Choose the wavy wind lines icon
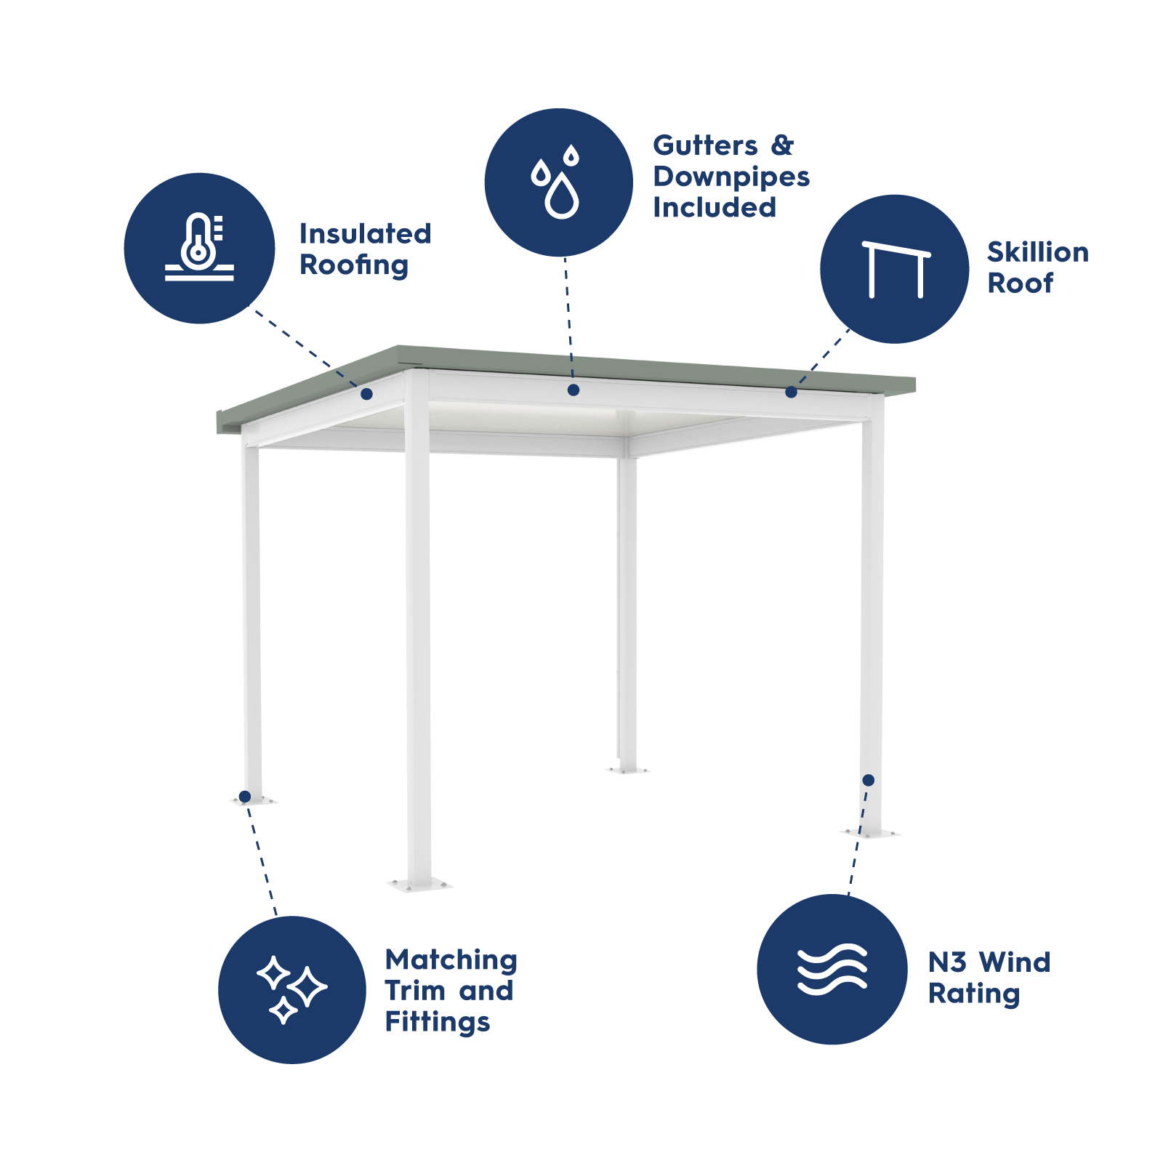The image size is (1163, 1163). [832, 969]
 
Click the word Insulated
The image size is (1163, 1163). [365, 234]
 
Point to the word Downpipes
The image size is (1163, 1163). [731, 177]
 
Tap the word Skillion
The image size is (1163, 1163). [1037, 252]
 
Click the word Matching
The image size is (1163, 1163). [451, 960]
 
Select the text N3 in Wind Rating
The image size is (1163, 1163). [947, 962]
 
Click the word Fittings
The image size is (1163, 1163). [437, 1022]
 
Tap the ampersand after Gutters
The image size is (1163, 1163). [782, 145]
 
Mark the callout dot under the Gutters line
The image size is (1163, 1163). [573, 390]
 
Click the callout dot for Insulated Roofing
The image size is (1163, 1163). [367, 394]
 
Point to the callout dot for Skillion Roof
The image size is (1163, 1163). [791, 393]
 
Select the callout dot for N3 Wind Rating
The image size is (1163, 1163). [868, 780]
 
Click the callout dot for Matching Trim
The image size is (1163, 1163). [245, 797]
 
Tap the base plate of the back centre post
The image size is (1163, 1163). [627, 769]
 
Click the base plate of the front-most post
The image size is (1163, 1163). [419, 885]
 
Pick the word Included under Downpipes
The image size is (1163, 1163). [714, 208]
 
